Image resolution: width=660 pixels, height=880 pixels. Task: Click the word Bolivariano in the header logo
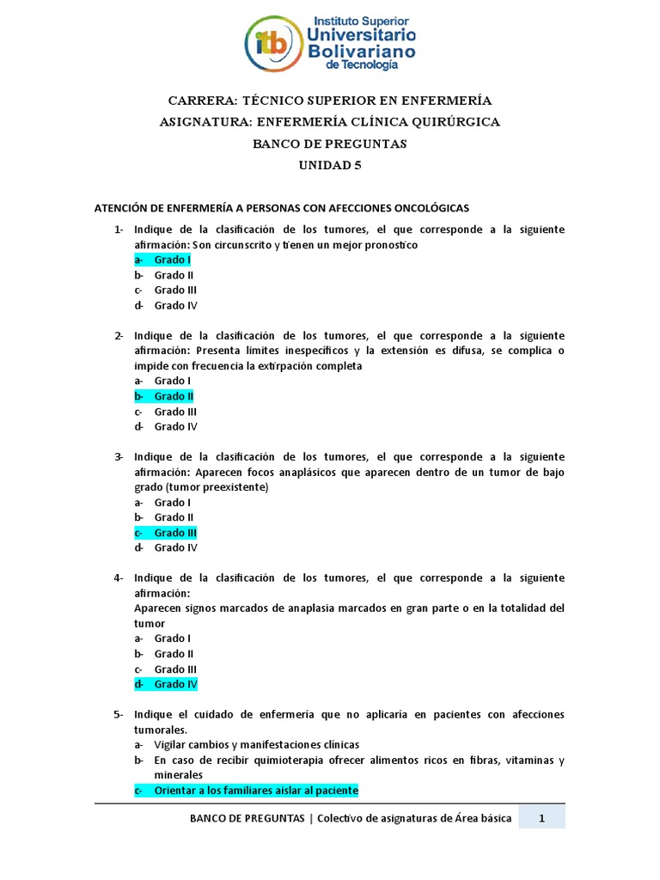361,51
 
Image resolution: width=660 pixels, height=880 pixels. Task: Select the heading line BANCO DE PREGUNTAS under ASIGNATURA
330,144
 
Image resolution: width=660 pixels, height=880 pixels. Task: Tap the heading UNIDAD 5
330,166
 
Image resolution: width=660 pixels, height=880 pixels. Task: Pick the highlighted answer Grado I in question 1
172,260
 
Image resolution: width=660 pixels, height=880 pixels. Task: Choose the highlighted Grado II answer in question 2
173,396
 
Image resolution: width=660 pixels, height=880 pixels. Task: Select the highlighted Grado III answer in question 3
175,533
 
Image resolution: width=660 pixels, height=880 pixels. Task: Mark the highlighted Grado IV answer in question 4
175,684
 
